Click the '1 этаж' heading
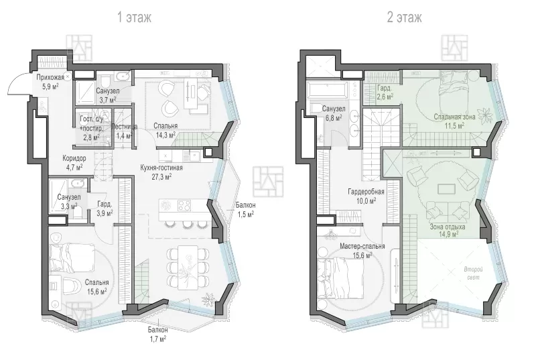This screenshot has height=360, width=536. [x=135, y=17]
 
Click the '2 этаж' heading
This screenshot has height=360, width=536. [x=404, y=17]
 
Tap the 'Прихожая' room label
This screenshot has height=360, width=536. [x=50, y=78]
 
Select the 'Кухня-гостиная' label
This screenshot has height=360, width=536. [x=161, y=168]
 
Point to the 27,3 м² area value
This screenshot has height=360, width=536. [x=161, y=176]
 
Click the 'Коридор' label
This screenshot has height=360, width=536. [x=74, y=158]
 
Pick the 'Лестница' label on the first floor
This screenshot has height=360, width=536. [x=125, y=127]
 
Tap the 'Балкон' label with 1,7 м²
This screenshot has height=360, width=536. [x=157, y=330]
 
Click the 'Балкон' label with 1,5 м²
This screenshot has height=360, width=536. [x=245, y=205]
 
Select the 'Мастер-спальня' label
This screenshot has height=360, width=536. [x=362, y=246]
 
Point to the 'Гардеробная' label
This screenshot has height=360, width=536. [x=366, y=192]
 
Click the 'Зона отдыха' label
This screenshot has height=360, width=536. [x=448, y=227]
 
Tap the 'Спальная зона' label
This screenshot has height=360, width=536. [x=455, y=117]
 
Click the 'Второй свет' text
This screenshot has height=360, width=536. [x=474, y=274]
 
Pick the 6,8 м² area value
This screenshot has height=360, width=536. [x=334, y=118]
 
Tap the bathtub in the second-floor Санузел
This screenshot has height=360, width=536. [x=327, y=89]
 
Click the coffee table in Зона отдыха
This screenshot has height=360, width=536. [x=447, y=189]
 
